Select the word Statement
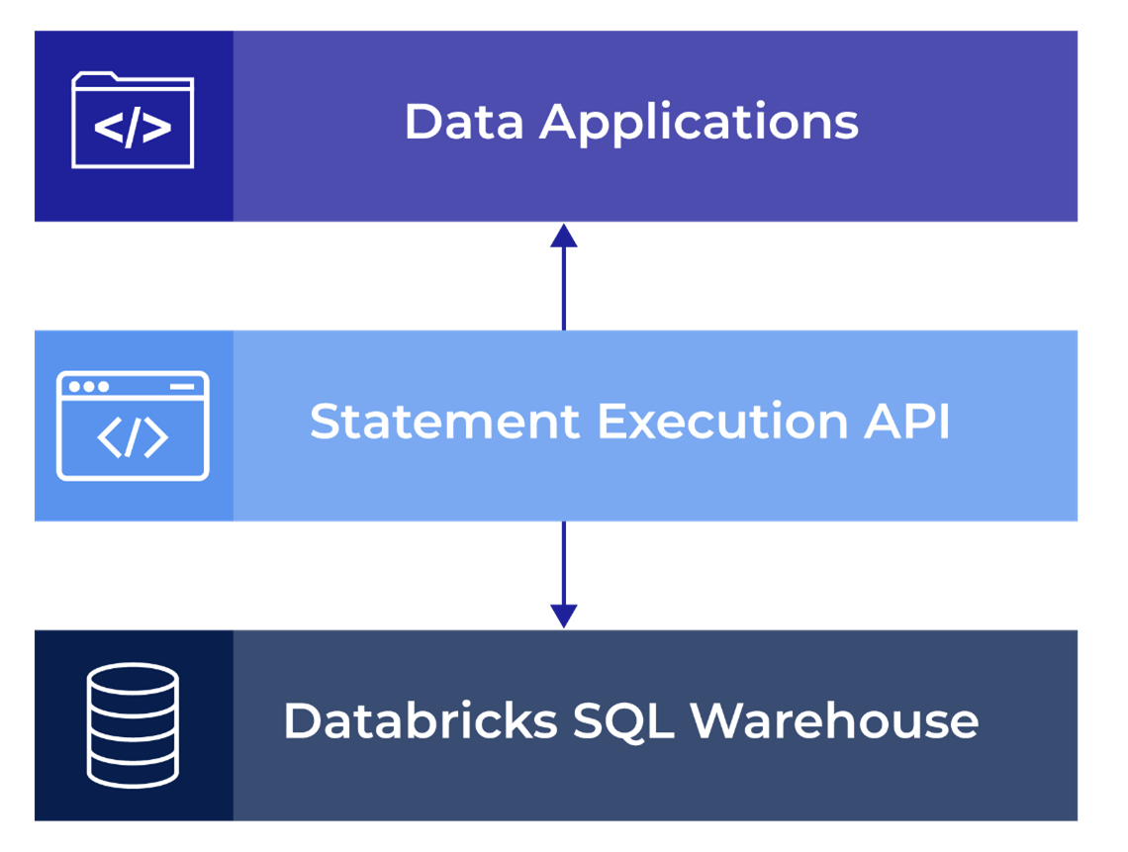(x=445, y=423)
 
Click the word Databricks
(x=421, y=720)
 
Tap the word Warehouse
(x=834, y=720)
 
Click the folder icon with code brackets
(x=133, y=121)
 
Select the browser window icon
(x=133, y=426)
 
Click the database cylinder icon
(x=133, y=723)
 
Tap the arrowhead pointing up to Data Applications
(x=564, y=236)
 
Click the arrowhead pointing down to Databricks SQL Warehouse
(x=564, y=615)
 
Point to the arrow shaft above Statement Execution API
(x=564, y=287)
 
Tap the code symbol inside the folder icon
(x=133, y=130)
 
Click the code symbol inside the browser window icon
(x=133, y=438)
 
